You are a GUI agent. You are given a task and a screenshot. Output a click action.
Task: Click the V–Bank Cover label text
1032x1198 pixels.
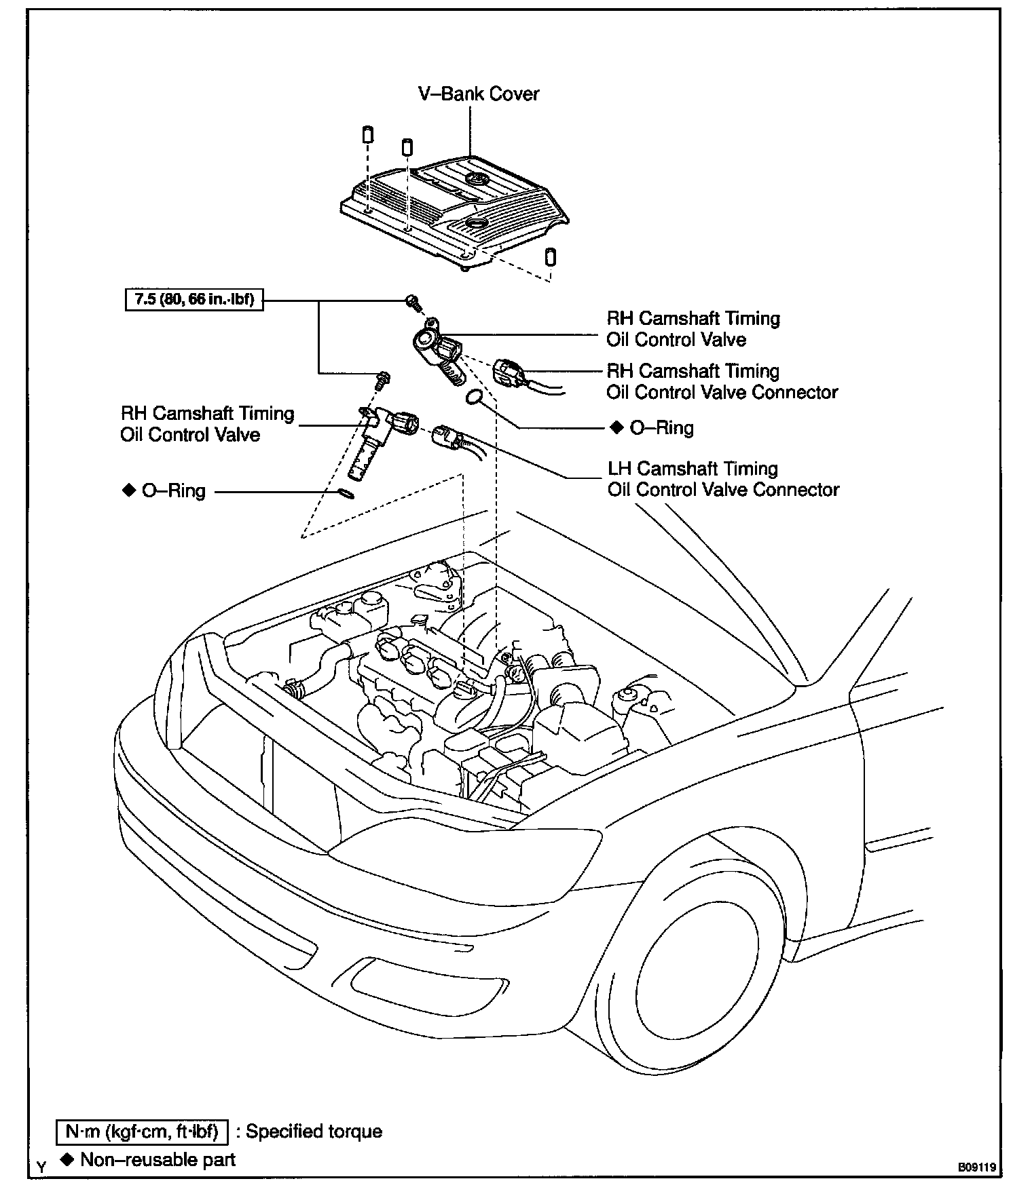click(479, 94)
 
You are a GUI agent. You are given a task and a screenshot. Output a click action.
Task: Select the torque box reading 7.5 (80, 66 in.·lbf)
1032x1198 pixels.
click(194, 299)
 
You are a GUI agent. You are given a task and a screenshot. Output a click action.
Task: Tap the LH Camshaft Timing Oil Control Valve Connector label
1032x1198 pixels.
click(723, 479)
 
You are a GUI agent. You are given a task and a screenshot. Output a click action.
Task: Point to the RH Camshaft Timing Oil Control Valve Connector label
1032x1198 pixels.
click(722, 381)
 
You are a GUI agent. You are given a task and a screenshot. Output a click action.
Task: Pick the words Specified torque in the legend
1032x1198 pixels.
click(314, 1132)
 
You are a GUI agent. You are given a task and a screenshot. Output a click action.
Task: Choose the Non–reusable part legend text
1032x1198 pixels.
click(158, 1159)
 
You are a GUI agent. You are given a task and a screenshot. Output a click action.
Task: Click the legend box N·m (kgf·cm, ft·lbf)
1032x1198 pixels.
click(141, 1132)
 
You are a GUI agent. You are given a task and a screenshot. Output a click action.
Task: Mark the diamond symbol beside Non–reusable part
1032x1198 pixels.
click(67, 1159)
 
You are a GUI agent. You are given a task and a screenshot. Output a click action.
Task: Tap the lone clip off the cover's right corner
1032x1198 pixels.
click(551, 257)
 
